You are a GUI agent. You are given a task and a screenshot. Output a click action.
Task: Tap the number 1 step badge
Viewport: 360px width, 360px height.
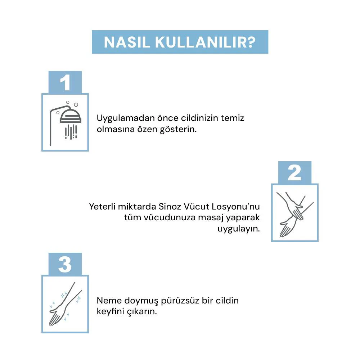(65, 82)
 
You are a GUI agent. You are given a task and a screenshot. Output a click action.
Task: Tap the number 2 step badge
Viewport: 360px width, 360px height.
(294, 173)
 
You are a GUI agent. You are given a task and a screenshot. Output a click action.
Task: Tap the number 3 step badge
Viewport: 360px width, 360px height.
(65, 264)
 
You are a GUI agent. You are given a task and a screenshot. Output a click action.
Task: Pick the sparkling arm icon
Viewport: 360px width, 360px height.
(65, 304)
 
